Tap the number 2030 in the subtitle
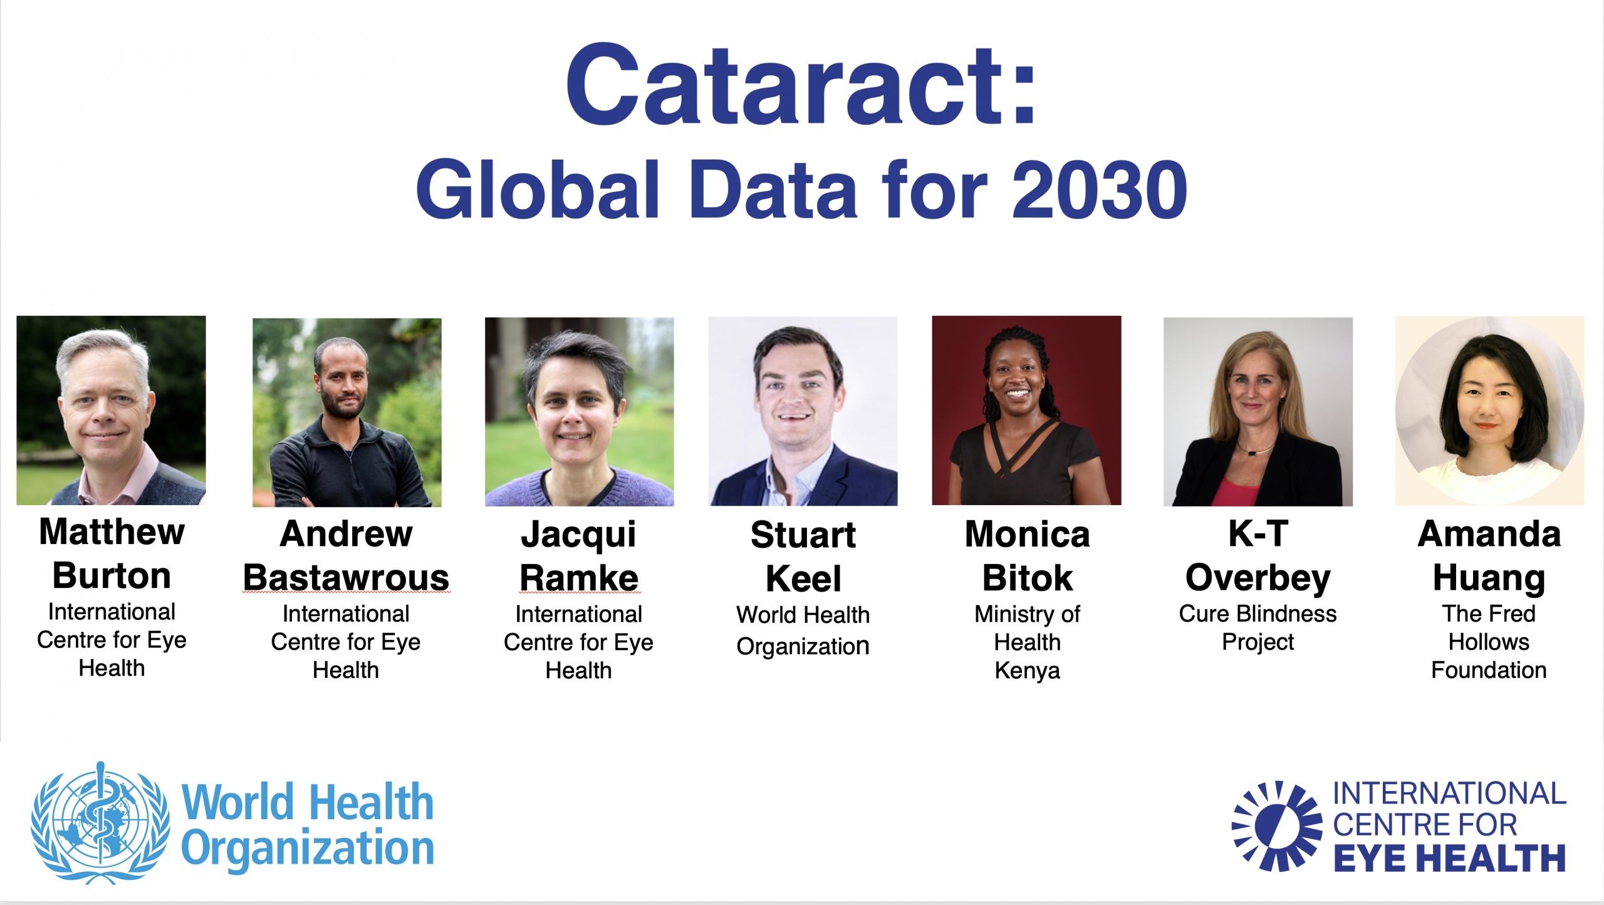click(x=1100, y=189)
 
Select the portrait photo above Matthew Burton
click(x=111, y=411)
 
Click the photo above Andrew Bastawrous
click(x=347, y=412)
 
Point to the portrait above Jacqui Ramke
click(x=580, y=412)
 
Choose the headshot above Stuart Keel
click(x=803, y=411)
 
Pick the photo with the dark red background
click(x=1027, y=411)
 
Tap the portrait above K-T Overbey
click(x=1258, y=412)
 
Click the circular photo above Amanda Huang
click(x=1490, y=411)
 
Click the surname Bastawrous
click(x=346, y=577)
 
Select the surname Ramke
click(x=579, y=577)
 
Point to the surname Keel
click(x=803, y=578)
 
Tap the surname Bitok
click(x=1028, y=577)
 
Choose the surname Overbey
click(x=1258, y=578)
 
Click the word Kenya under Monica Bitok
click(x=1028, y=671)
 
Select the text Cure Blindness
click(x=1258, y=614)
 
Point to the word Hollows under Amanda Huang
click(x=1489, y=642)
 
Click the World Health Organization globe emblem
click(x=100, y=823)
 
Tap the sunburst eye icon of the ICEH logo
click(x=1278, y=826)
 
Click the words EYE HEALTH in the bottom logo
click(x=1449, y=858)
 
